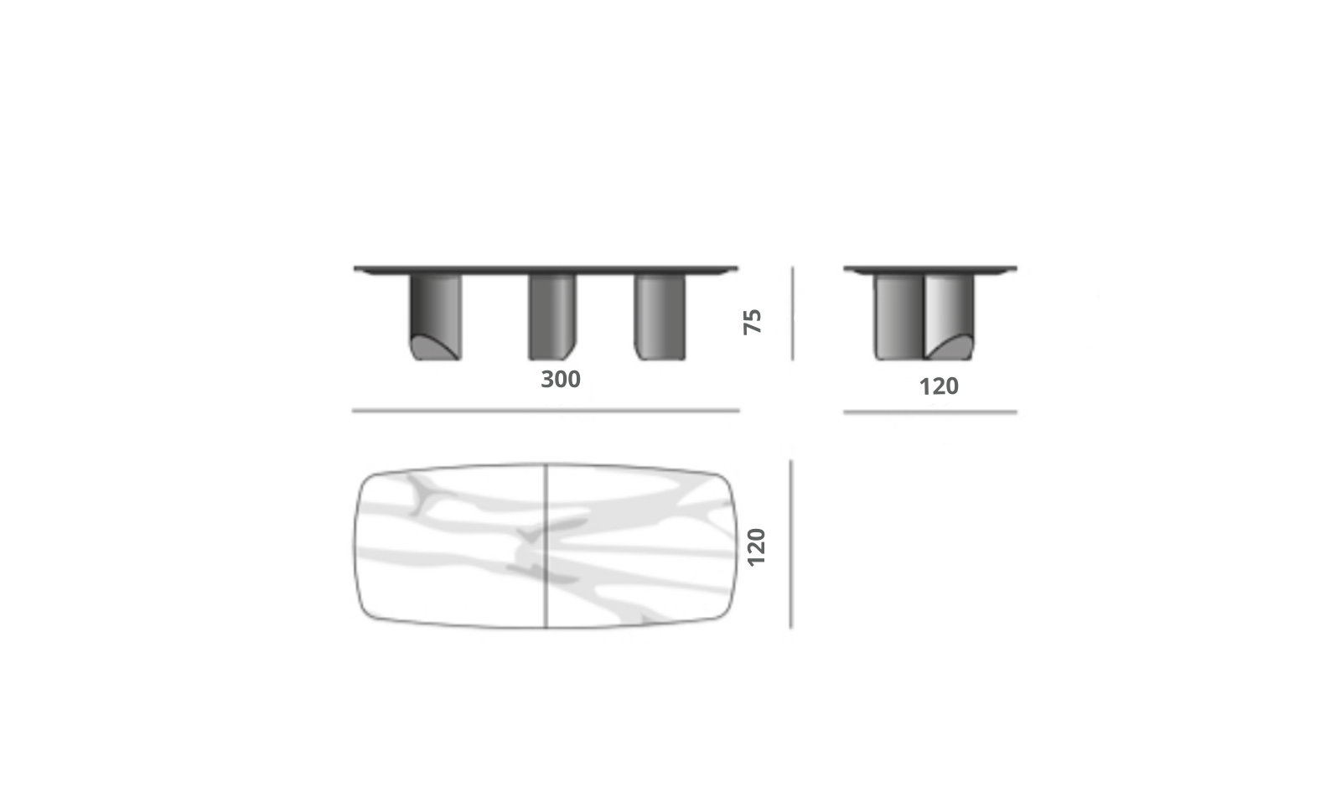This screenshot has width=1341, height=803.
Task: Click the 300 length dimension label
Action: coord(561,379)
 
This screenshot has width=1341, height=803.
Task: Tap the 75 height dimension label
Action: coord(752,322)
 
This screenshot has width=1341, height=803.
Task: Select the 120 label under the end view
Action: coord(939,386)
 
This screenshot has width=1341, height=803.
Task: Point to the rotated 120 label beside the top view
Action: coord(756,547)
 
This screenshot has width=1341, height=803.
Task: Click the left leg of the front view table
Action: coord(436,317)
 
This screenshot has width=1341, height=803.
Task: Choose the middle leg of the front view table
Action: coord(552,317)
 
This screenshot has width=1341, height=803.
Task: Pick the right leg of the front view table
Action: coord(660,317)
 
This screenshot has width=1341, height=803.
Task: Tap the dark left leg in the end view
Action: coord(898,317)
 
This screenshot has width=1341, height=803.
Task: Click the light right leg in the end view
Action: coord(949,317)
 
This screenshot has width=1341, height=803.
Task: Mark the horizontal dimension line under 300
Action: coord(546,411)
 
